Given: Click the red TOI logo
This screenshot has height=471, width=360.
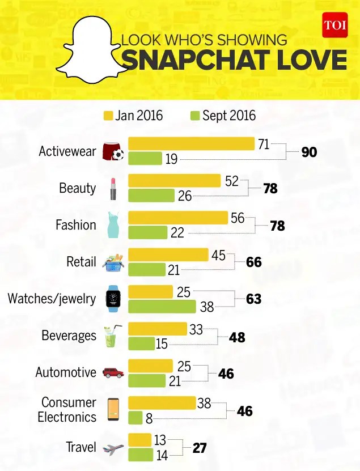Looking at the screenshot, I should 334,25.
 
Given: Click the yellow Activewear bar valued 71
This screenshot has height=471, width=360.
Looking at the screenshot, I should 191,144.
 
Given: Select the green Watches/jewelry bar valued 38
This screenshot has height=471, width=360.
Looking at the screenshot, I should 163,306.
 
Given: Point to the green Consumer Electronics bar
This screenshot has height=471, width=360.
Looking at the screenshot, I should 135,418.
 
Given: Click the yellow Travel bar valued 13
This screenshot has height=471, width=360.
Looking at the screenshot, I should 139,440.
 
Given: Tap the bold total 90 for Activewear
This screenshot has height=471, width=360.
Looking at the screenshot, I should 309,152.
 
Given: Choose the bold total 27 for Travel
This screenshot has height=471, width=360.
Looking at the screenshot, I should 199,448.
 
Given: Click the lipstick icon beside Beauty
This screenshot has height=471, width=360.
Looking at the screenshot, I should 113,189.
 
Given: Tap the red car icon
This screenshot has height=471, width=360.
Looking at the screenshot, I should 113,373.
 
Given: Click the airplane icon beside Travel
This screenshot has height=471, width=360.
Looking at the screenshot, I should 113,449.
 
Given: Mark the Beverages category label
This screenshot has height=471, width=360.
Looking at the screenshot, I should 69,336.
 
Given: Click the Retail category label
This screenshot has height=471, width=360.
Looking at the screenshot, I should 81,262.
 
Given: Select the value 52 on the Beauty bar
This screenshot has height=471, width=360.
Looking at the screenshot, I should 231,181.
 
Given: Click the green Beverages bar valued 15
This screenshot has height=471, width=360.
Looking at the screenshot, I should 141,343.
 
